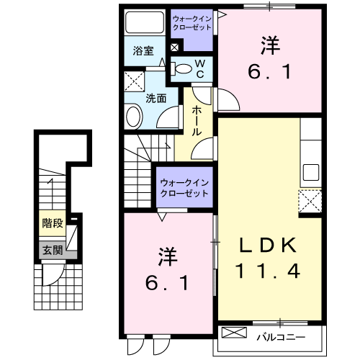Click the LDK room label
coord(268,246)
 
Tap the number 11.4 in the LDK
coord(268,271)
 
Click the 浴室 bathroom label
coord(143,51)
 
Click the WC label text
coord(200,70)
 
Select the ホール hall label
coord(197,120)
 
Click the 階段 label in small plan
coord(50,223)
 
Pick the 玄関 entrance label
coord(50,250)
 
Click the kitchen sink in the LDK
coord(311,173)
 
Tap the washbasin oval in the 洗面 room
coord(134,116)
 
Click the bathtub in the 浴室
coord(144,25)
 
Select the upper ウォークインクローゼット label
coord(192,22)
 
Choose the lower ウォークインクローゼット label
coord(184,187)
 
